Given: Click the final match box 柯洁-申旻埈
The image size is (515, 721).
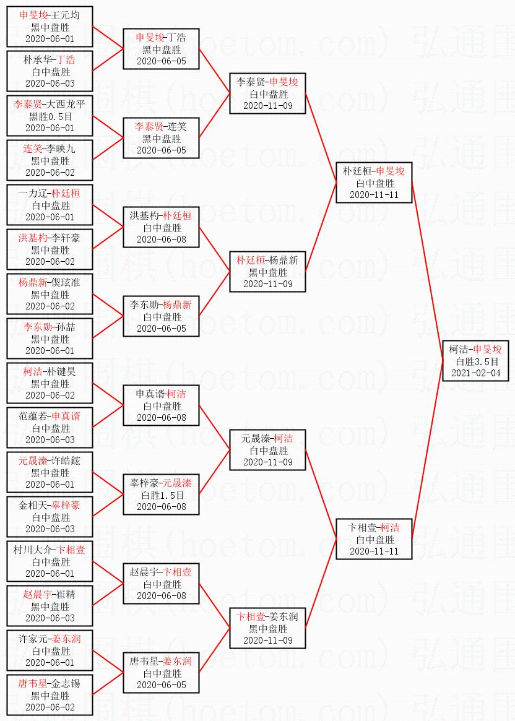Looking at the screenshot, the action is [475, 361].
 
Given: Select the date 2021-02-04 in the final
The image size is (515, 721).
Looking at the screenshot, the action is [475, 373].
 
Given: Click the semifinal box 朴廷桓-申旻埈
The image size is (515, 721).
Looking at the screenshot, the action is [374, 183].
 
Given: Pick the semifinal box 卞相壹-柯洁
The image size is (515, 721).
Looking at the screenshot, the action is [374, 539].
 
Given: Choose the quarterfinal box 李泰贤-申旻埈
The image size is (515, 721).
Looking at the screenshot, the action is [267, 93].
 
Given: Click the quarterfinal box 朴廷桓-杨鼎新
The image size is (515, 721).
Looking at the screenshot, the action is [267, 272].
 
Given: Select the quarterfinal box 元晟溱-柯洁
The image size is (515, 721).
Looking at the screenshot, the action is [267, 450].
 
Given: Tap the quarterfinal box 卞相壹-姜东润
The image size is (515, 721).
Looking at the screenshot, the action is [267, 628].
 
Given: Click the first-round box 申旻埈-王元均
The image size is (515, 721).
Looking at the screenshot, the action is [50, 27].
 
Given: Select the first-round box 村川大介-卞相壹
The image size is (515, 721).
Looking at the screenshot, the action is [50, 561].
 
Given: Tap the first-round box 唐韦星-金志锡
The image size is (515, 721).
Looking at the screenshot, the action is [50, 695].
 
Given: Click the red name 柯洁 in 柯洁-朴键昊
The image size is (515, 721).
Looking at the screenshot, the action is [33, 371].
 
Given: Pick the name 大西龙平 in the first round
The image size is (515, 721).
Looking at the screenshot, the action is [67, 104].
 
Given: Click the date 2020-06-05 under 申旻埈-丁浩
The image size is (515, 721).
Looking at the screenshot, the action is [162, 61].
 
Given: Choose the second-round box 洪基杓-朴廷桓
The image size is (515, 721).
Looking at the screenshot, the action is [161, 227].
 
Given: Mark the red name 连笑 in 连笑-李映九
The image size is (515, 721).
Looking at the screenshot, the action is [33, 149].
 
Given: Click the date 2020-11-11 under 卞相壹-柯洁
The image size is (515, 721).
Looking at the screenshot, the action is [374, 551].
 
